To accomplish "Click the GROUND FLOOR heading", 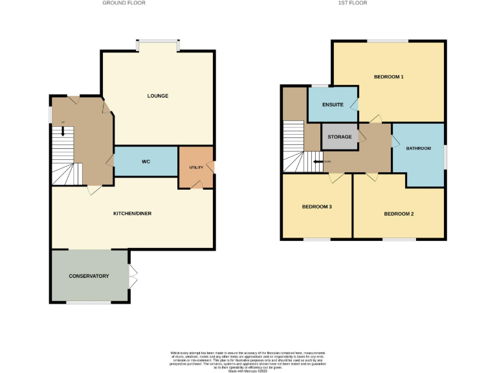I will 124,3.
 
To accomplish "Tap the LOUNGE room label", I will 157,96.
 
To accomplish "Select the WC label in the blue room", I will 146,161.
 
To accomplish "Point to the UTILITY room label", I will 196,168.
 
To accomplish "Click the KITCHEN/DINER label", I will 132,213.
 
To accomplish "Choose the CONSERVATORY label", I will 89,277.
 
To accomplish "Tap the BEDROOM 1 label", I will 388,77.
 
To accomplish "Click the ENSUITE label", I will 332,104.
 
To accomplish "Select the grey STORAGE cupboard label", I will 340,137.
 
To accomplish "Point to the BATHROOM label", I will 418,148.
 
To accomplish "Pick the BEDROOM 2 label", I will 399,214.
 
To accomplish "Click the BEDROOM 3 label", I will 317,207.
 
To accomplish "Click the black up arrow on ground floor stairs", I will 63,130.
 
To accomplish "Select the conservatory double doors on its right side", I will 133,277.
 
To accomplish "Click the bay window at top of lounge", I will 157,44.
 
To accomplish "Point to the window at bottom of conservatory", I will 89,302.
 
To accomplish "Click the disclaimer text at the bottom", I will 248,359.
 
